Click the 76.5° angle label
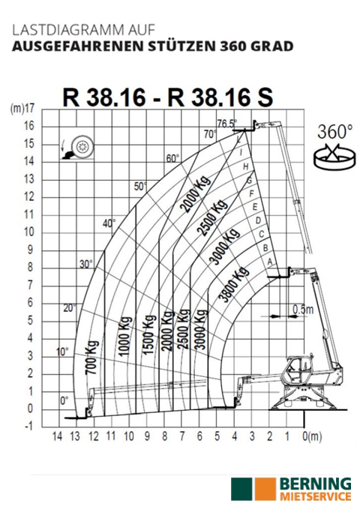pyautogui.click(x=226, y=124)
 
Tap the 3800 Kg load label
pyautogui.click(x=234, y=284)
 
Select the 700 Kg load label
pyautogui.click(x=92, y=358)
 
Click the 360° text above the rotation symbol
pyautogui.click(x=334, y=132)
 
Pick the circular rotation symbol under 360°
pyautogui.click(x=334, y=157)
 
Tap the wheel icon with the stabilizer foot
pyautogui.click(x=78, y=148)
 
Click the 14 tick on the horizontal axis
pyautogui.click(x=57, y=436)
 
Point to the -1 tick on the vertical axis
pyautogui.click(x=29, y=427)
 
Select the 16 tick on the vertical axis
pyautogui.click(x=29, y=126)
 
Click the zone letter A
pyautogui.click(x=270, y=261)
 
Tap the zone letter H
pyautogui.click(x=246, y=167)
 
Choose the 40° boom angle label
pyautogui.click(x=109, y=223)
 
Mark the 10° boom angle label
pyautogui.click(x=62, y=352)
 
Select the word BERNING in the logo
pyautogui.click(x=315, y=485)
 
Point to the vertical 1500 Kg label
pyautogui.click(x=148, y=335)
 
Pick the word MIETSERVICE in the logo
pyautogui.click(x=315, y=497)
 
